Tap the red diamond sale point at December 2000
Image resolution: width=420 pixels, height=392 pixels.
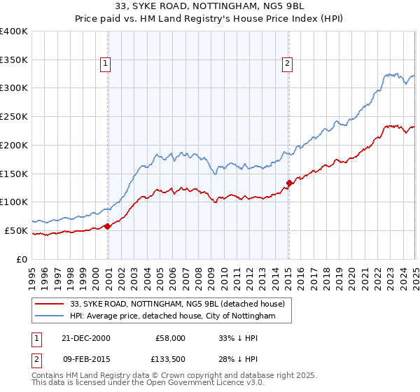[x=108, y=226]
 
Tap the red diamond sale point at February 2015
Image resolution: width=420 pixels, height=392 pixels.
[x=289, y=183]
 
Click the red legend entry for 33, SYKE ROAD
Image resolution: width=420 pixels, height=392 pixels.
[x=177, y=304]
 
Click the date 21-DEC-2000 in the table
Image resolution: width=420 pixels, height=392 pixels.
[x=86, y=338]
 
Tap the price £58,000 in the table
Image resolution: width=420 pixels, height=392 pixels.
[x=170, y=338]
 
